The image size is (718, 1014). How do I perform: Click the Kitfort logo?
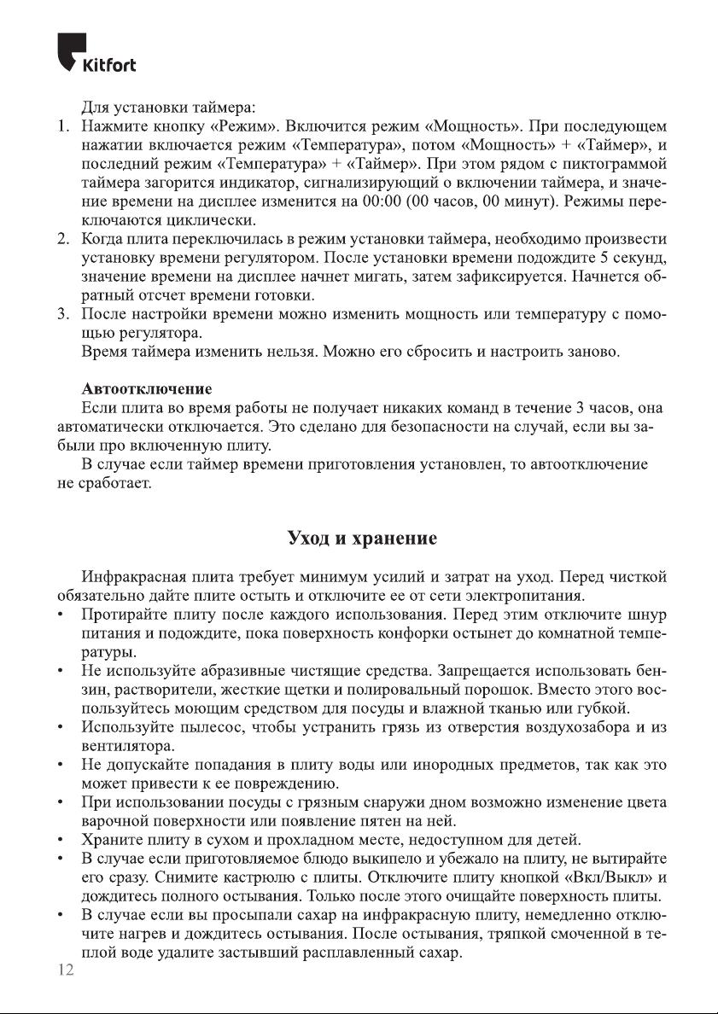click(96, 53)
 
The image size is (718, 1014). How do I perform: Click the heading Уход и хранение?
click(362, 539)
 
